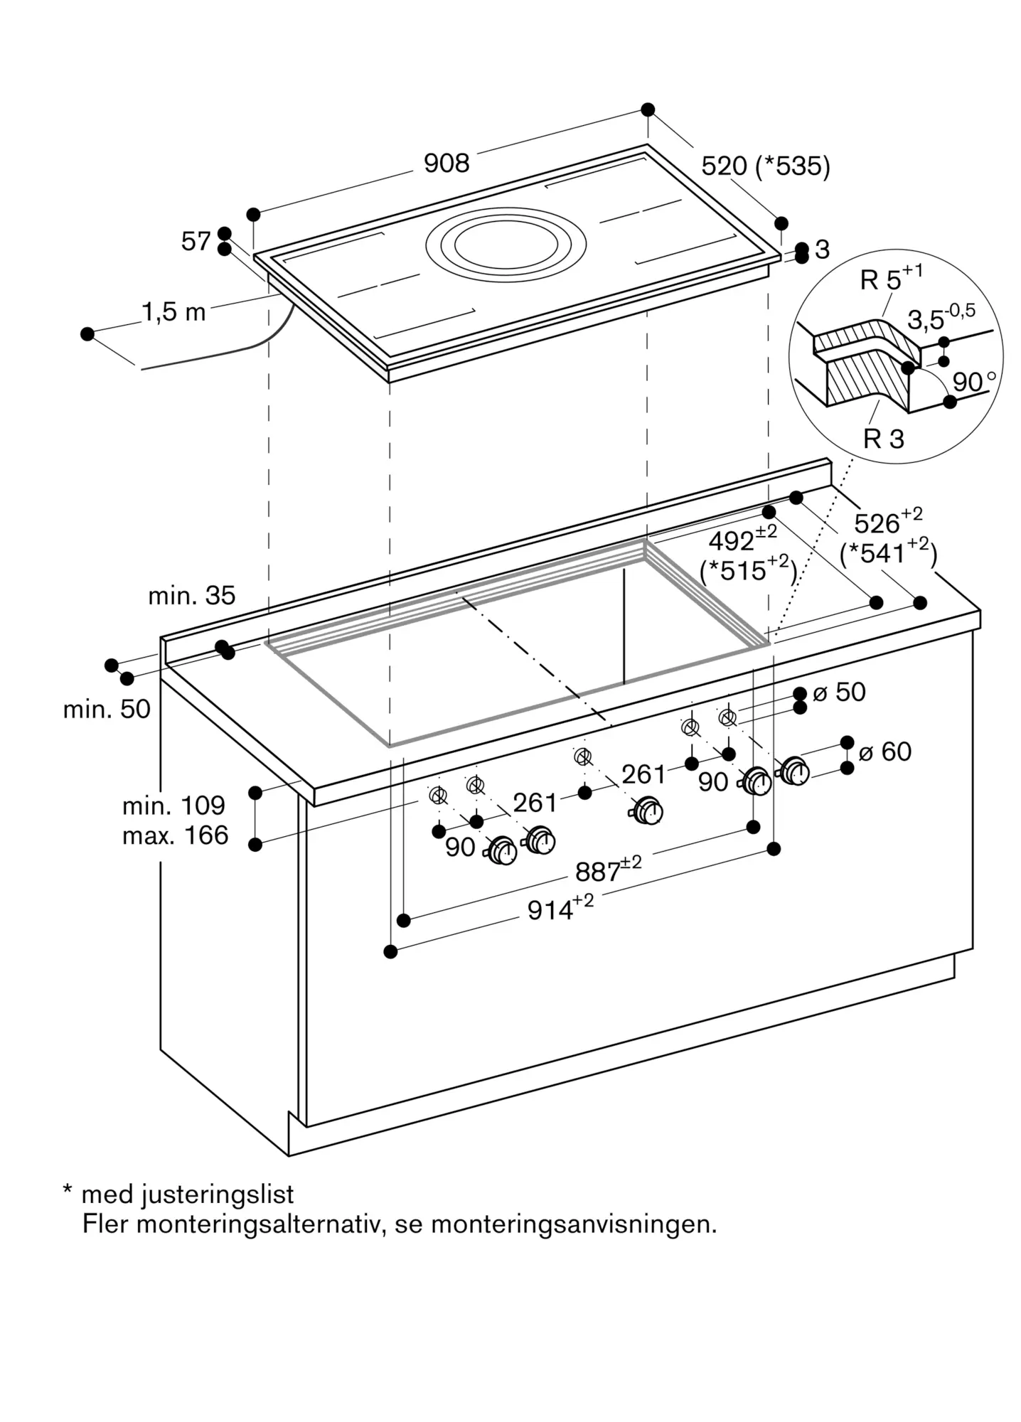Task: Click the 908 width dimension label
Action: (447, 164)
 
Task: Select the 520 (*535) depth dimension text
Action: (765, 166)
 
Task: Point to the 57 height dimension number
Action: (196, 242)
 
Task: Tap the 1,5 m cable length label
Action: (173, 311)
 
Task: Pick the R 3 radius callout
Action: (883, 439)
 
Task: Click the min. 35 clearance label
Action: (191, 595)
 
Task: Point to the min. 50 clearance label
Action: (107, 709)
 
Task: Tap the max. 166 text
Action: (175, 835)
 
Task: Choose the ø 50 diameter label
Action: (839, 692)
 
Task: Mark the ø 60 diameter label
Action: (885, 752)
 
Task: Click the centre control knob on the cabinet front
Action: (648, 811)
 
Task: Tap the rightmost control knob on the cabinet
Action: (794, 771)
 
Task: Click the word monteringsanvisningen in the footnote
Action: (574, 1224)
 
